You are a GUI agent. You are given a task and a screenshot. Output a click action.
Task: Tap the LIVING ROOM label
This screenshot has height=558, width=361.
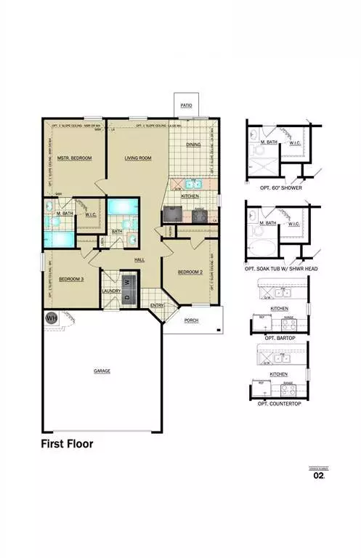[137, 158]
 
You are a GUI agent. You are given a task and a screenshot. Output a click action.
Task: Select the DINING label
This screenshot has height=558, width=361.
[193, 145]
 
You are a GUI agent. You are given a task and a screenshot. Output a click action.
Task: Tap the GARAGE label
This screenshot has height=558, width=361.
[102, 371]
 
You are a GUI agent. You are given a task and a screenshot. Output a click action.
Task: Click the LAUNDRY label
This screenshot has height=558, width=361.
[111, 291]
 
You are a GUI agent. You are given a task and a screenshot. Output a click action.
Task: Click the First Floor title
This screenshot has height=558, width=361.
[66, 442]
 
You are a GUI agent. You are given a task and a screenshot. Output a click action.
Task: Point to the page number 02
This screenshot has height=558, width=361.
[318, 477]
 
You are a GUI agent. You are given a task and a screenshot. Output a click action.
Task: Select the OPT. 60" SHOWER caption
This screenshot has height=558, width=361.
[282, 188]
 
